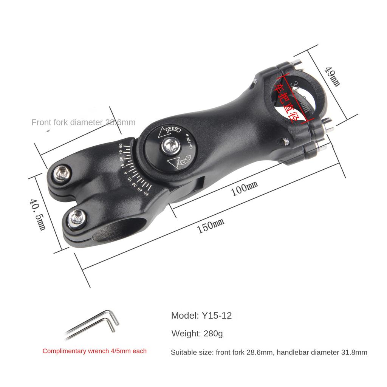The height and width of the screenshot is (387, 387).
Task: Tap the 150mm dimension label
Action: (x=211, y=226)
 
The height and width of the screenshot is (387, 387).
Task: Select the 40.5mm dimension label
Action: (x=38, y=214)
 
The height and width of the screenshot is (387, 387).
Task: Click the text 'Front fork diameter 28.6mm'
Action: (x=83, y=122)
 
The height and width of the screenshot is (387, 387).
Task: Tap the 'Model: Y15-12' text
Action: (x=201, y=316)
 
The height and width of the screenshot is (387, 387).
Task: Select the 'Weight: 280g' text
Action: (x=197, y=334)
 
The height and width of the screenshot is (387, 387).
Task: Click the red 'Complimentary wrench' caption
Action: (x=94, y=351)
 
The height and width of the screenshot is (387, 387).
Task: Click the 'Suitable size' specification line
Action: (x=269, y=353)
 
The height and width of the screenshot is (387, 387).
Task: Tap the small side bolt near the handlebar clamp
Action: (x=286, y=142)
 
